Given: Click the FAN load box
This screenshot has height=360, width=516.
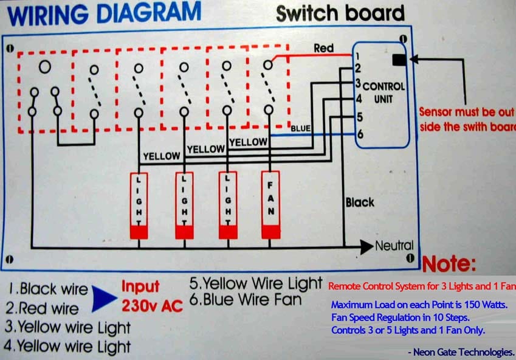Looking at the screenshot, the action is [271, 204].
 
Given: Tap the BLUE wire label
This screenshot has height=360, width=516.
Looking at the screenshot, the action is [300, 128].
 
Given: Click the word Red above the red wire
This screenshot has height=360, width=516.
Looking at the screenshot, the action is [323, 48].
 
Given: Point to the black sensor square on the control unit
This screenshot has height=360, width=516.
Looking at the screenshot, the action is [399, 60].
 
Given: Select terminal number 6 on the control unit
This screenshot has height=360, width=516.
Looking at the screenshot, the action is [360, 134].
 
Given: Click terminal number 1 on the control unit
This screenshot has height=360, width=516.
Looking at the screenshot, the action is [357, 57].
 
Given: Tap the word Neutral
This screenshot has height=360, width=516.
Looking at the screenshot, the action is [394, 246].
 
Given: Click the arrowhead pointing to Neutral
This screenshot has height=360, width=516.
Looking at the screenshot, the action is [366, 247].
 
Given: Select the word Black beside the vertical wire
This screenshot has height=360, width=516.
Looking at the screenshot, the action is [360, 202].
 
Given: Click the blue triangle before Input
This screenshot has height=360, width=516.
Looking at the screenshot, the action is [104, 299].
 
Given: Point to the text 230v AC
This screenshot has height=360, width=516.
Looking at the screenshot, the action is [152, 306].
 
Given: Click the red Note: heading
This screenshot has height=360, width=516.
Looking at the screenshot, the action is [449, 264].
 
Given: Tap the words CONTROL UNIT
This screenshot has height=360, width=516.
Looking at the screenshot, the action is [384, 92].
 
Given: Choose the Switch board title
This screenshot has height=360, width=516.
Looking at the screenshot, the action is [340, 13].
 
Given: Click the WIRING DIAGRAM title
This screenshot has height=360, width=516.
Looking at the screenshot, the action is [104, 13].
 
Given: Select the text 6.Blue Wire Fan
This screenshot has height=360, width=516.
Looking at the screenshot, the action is [246, 299].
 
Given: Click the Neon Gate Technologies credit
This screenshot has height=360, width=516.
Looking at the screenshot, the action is [461, 352].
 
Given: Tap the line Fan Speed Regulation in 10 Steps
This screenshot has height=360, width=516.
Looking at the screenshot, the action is [400, 317].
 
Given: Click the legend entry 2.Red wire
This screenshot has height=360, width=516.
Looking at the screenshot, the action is [42, 308].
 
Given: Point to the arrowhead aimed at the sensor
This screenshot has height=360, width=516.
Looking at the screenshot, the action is [414, 59].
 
